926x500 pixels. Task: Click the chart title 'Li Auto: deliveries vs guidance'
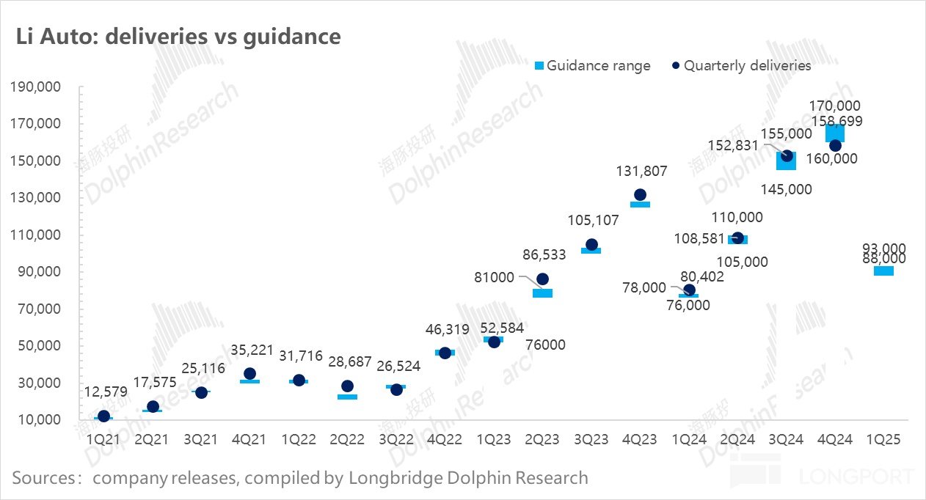178,37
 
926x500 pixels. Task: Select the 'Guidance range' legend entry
591,65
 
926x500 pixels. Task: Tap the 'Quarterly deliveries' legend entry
741,65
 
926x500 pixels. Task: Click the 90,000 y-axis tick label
37,272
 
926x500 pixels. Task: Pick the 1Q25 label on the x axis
883,439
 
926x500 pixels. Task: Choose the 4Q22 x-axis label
445,439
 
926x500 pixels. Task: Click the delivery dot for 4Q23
640,195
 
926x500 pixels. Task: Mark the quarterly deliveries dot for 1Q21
104,416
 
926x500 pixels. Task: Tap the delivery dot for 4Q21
249,374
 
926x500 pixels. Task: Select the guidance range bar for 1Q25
883,271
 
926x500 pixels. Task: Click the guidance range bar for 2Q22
347,397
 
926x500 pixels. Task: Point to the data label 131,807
640,171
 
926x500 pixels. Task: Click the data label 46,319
445,330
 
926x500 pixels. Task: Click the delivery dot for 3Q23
591,245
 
